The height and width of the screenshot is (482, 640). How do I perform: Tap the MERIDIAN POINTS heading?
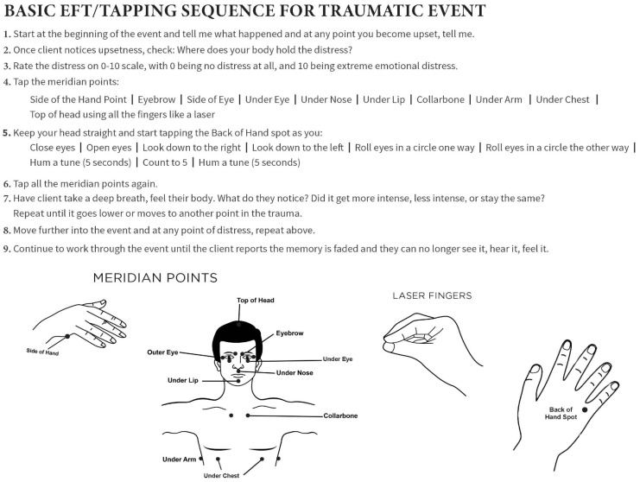(x=155, y=278)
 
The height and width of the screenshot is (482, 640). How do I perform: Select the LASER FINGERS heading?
(x=432, y=295)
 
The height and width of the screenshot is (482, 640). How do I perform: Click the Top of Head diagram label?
(x=256, y=301)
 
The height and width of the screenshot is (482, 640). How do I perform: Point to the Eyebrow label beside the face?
(x=290, y=333)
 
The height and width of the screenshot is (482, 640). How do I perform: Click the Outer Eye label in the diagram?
(x=162, y=352)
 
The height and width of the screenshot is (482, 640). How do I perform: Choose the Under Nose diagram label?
(x=295, y=372)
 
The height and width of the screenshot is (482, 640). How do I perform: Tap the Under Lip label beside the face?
(x=183, y=380)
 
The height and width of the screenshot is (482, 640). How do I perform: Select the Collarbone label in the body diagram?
(x=340, y=415)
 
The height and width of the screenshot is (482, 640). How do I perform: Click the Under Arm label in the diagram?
(x=179, y=460)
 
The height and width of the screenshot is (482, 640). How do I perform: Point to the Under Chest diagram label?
(x=221, y=475)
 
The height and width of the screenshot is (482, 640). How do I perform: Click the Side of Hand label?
(x=42, y=352)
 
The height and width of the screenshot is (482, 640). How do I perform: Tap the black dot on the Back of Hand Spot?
(x=585, y=409)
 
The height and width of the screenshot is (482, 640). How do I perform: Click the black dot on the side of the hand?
(x=67, y=336)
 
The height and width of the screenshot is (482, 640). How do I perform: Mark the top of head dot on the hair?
(x=238, y=325)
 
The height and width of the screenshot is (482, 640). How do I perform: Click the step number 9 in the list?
(x=6, y=249)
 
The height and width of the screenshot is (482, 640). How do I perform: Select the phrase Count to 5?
(x=165, y=162)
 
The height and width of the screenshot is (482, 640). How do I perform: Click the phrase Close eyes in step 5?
(x=52, y=148)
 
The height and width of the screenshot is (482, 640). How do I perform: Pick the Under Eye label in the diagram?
(x=338, y=359)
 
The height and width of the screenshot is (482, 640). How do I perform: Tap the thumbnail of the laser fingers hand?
(x=389, y=347)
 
